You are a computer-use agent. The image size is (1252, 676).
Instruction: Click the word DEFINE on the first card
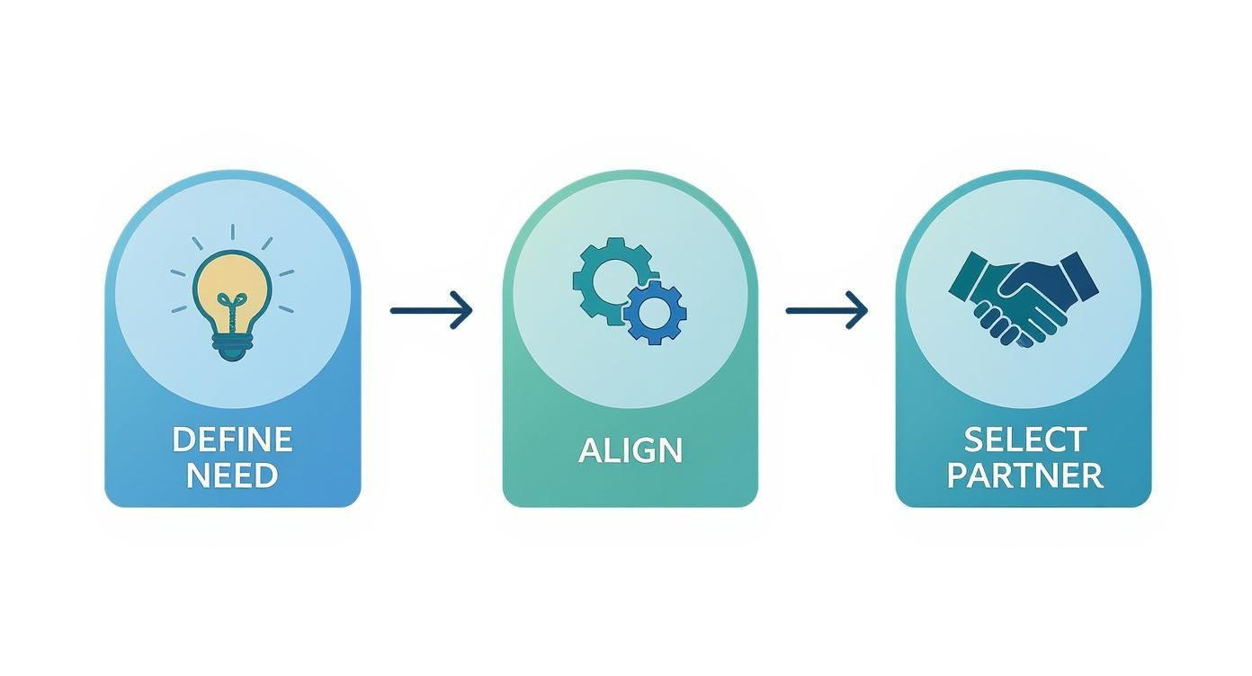click(232, 440)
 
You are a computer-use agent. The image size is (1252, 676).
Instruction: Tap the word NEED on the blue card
click(232, 475)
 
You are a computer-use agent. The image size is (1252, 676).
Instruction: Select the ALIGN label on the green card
click(630, 449)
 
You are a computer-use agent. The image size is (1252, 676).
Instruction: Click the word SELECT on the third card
click(1024, 440)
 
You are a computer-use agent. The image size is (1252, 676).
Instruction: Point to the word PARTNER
click(1024, 475)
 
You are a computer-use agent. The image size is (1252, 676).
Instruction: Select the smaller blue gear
click(655, 312)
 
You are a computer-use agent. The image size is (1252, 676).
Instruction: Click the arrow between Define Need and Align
click(431, 310)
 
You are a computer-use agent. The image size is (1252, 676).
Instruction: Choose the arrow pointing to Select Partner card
click(827, 310)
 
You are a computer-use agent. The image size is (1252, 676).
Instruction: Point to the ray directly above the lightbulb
click(232, 232)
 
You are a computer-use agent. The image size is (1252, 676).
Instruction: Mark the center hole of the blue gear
click(655, 312)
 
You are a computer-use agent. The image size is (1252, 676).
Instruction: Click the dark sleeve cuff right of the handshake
click(1078, 277)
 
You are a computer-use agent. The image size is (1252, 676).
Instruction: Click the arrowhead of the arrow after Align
click(858, 310)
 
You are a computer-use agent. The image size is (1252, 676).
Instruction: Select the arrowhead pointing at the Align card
click(462, 310)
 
